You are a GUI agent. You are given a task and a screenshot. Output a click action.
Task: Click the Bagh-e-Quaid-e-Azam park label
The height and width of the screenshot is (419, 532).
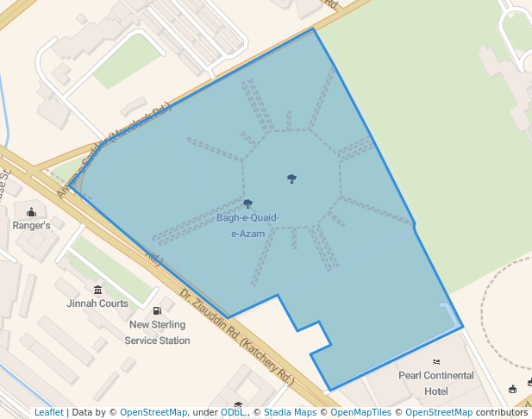click(247, 225)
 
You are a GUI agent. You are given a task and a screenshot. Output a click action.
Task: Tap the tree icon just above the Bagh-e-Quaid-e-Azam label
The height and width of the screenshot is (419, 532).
click(248, 204)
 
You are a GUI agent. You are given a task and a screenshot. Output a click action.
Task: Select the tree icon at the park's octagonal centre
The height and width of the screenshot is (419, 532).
click(292, 178)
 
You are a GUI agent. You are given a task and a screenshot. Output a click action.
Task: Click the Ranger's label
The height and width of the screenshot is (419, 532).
click(31, 225)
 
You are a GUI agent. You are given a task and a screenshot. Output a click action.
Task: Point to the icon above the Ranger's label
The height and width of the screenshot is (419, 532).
click(32, 211)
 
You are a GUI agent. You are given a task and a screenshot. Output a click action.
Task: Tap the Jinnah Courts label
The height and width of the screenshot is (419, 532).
click(97, 303)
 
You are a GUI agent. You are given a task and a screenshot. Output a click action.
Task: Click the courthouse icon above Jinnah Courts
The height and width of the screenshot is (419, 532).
click(97, 290)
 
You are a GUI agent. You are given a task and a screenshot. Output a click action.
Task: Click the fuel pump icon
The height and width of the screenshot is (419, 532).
click(157, 310)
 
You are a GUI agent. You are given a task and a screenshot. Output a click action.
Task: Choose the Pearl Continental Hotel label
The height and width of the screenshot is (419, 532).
click(436, 383)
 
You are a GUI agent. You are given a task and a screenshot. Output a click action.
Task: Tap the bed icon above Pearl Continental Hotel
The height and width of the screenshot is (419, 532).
click(436, 361)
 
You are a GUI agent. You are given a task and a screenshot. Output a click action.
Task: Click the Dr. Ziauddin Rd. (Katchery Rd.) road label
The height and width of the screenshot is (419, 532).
click(236, 336)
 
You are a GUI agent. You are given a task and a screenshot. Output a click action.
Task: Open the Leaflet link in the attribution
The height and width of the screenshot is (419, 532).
click(49, 413)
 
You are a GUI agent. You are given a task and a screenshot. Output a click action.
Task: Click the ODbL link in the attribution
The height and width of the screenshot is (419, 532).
click(232, 413)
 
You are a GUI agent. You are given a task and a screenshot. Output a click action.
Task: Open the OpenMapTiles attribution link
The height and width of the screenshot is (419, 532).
click(359, 413)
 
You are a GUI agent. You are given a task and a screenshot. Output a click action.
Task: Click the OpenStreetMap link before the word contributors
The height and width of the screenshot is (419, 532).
click(439, 413)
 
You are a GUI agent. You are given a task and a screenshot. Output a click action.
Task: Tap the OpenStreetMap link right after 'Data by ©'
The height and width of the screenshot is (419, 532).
click(153, 413)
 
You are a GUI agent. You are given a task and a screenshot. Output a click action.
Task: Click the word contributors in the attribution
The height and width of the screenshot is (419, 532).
click(501, 413)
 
